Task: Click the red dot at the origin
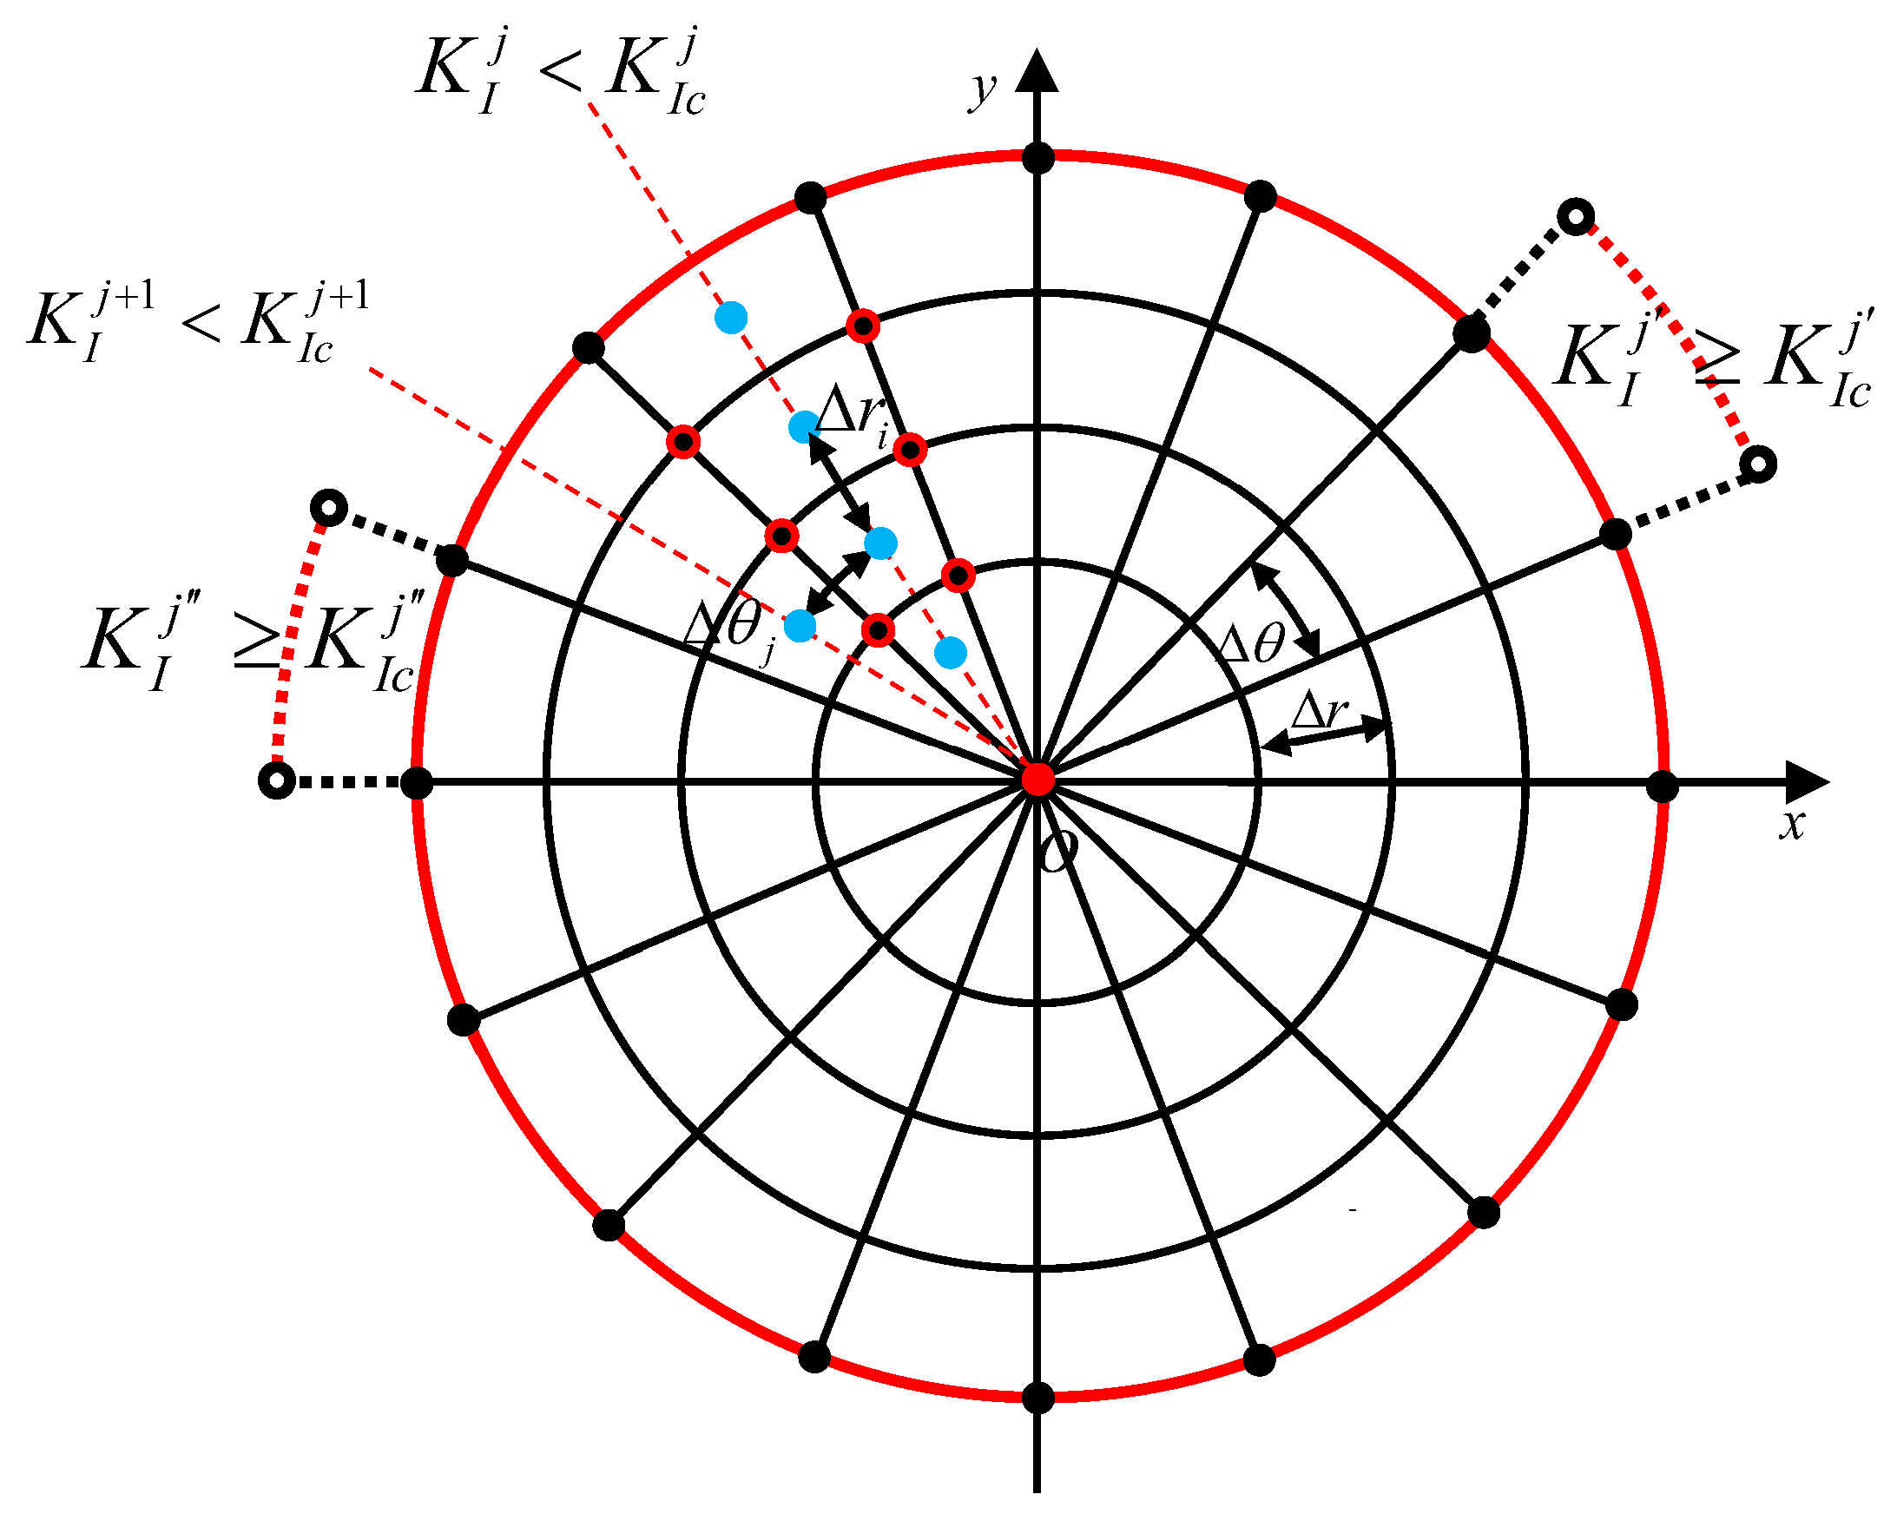1038,780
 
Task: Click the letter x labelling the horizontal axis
1791,826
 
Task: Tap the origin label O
1058,850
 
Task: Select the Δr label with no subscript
1319,710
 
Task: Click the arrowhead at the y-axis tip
1037,71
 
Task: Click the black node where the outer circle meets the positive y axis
1038,159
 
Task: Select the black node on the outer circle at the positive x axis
1662,787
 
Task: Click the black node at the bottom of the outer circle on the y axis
1038,1397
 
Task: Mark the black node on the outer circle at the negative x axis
417,781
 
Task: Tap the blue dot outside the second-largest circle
731,317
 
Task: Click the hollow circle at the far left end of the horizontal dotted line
277,780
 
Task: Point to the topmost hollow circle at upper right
1576,216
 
